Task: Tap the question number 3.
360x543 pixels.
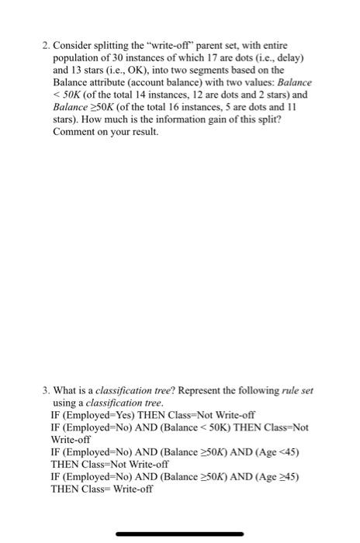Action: (x=45, y=390)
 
